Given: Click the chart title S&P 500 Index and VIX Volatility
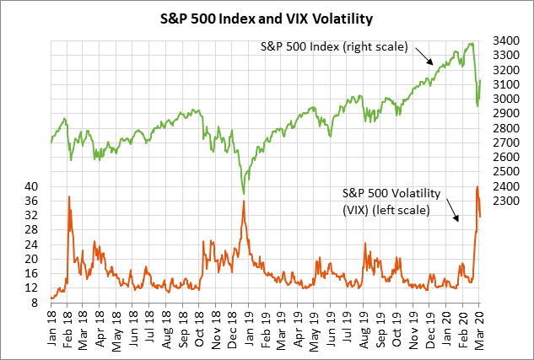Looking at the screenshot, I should point(267,17).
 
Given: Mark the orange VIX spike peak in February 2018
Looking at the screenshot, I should point(68,196).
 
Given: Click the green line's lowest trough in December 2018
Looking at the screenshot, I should point(244,194).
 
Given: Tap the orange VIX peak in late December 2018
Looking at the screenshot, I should point(244,201).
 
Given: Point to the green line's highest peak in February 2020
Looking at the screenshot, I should point(469,43).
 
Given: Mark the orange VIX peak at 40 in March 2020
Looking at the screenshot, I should point(477,186).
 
